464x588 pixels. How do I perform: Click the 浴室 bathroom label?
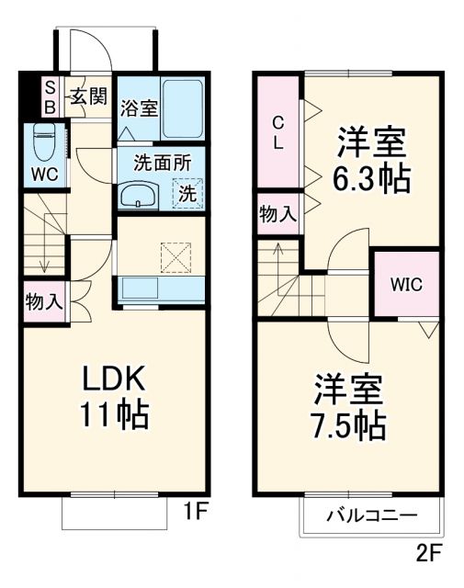[139, 107]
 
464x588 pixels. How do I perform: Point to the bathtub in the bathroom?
[183, 107]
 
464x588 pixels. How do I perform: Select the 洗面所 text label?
[163, 164]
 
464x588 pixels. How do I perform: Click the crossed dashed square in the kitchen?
[175, 256]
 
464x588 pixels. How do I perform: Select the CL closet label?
[278, 131]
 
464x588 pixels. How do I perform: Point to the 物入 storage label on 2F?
[277, 215]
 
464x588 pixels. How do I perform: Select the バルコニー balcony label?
[372, 516]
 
